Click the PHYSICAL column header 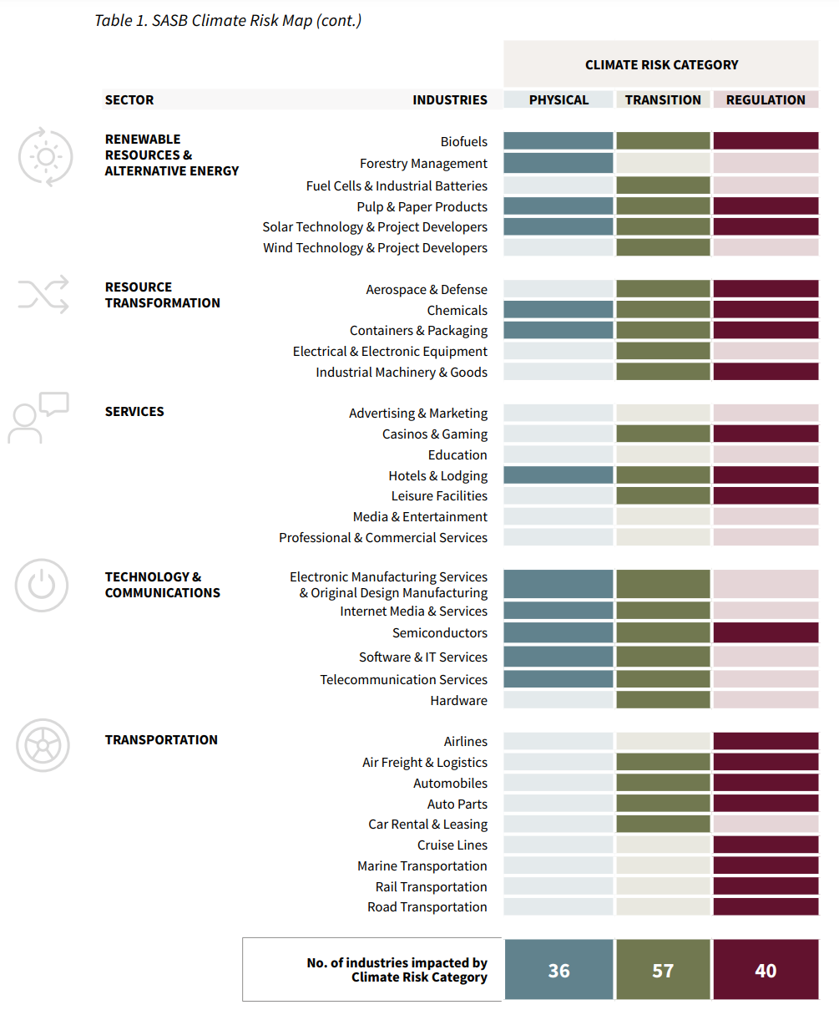tap(558, 100)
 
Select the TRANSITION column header tap(663, 100)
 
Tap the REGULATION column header tap(766, 100)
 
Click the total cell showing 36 tap(558, 970)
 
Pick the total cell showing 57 tap(663, 970)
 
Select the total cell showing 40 tap(766, 970)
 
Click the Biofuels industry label tap(463, 142)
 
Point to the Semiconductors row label tap(439, 633)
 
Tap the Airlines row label tap(465, 742)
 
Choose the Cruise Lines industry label tap(452, 845)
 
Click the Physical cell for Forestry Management tap(558, 163)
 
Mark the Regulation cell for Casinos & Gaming tap(766, 434)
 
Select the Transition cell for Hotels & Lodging tap(663, 475)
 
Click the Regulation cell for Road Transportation tap(766, 906)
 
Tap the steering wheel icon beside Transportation tap(43, 744)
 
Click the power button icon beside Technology tap(42, 585)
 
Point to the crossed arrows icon tap(43, 293)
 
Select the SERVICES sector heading tap(134, 412)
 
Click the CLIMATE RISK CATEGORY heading tap(661, 65)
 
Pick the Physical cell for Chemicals tap(558, 310)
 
